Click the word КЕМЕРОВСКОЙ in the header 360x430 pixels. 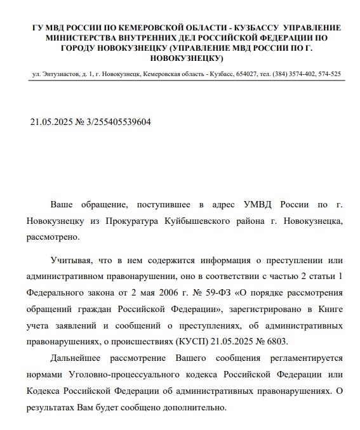[142, 28]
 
